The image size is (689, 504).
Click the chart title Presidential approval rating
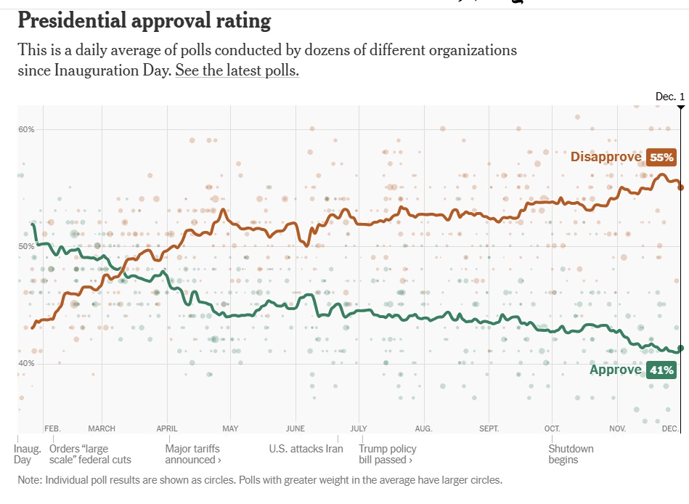tap(144, 20)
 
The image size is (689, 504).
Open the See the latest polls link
tap(237, 71)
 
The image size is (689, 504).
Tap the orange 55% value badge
tap(661, 157)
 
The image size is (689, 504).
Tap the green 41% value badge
tap(661, 370)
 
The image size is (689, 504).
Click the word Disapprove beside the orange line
tap(606, 157)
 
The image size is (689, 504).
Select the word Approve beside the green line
tap(615, 370)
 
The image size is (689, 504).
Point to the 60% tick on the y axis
tap(26, 129)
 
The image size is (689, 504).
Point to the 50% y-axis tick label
tap(26, 247)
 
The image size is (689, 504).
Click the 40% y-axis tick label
tap(26, 364)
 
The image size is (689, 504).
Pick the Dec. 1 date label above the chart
tap(669, 97)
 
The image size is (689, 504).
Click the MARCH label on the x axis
tap(102, 428)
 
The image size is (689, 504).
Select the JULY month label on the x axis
tap(359, 428)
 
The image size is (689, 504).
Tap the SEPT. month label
tap(489, 428)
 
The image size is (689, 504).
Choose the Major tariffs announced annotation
tap(192, 454)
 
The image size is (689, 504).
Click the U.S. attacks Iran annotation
tap(306, 449)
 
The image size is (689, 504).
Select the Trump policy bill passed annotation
tap(388, 454)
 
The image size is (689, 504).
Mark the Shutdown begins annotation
tap(571, 454)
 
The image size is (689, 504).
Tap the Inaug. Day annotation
tap(28, 454)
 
